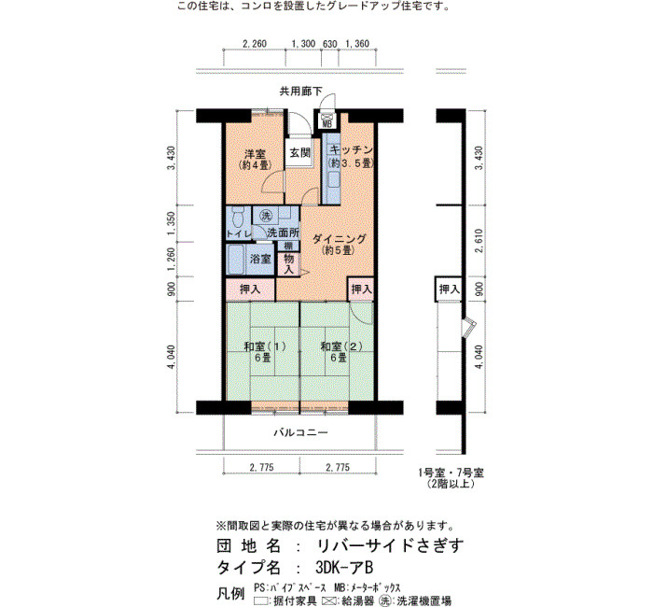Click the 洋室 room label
coord(255,154)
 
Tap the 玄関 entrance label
coord(299,153)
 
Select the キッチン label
coord(351,150)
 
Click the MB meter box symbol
coord(326,120)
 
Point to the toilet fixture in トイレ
coord(238,218)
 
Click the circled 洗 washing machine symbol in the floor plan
coord(266,216)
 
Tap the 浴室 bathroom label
coord(260,259)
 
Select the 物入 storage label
coord(288,264)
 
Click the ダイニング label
coord(339,239)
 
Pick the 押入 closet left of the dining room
coord(250,289)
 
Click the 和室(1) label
coord(265,346)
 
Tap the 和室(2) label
coord(341,346)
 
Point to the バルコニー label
coord(300,432)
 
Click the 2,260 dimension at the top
coord(255,43)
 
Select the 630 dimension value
coord(329,43)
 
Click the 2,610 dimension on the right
coord(479,241)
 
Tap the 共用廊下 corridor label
coord(300,92)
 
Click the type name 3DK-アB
coord(344,568)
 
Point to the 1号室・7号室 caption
coord(451,473)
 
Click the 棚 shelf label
coord(288,246)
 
